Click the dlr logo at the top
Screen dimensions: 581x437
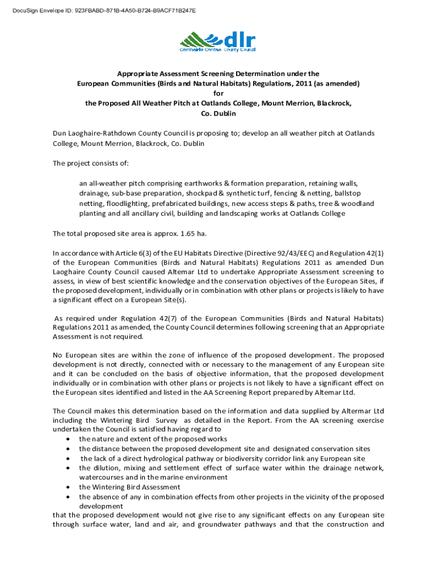click(x=218, y=41)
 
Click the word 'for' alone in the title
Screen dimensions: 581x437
click(x=218, y=94)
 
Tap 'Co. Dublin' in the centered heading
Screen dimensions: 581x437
click(x=218, y=113)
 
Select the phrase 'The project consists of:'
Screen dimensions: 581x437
click(x=91, y=163)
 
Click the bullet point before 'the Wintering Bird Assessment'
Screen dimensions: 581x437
click(x=68, y=487)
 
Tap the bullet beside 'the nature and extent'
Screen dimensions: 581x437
click(x=68, y=439)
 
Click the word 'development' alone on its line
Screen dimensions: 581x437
click(x=101, y=506)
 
